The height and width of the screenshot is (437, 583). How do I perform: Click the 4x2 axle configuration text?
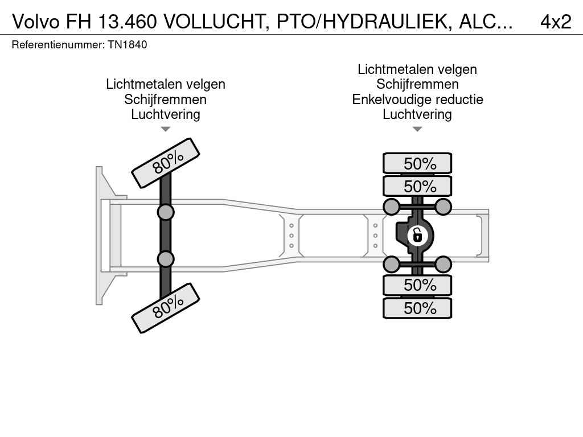point(556,22)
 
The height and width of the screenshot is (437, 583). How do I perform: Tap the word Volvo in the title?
point(36,22)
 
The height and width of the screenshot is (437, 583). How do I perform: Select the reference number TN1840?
point(128,44)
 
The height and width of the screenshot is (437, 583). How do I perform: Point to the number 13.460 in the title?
point(128,22)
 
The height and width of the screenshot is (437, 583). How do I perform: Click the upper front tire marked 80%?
point(166,163)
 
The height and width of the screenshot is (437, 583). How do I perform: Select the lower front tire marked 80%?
point(166,308)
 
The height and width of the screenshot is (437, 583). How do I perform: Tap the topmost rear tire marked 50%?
point(417,163)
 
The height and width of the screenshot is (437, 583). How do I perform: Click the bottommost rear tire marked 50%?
point(417,308)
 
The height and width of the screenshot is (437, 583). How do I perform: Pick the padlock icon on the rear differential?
point(417,236)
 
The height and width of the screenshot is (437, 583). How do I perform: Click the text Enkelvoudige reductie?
point(417,100)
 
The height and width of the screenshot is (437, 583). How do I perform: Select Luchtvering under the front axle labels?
point(166,114)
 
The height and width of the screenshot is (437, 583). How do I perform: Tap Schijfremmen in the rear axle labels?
point(417,84)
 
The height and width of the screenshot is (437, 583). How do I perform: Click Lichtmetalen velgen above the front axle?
point(166,84)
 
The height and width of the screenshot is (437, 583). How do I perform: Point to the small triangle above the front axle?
point(166,129)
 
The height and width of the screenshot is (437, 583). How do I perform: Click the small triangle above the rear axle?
point(417,129)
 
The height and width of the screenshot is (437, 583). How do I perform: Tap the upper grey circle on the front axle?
point(166,213)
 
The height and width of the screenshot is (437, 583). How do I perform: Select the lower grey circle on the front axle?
point(166,259)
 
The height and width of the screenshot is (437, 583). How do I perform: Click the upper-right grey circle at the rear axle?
point(443,207)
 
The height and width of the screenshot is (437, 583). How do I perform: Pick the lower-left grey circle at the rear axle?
point(392,265)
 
